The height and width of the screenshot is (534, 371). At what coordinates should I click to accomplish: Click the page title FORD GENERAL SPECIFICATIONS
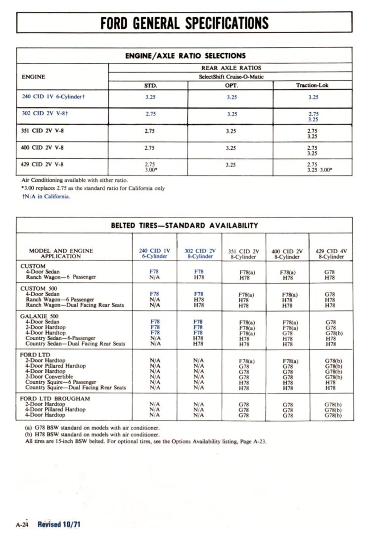pyautogui.click(x=185, y=23)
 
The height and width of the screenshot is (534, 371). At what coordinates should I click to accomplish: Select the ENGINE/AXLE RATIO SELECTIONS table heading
pyautogui.click(x=185, y=56)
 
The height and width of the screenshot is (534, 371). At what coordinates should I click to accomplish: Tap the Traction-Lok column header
pyautogui.click(x=312, y=85)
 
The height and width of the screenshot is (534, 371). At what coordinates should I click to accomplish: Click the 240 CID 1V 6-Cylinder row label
pyautogui.click(x=53, y=97)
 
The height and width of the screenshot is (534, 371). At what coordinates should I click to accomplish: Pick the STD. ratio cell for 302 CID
pyautogui.click(x=150, y=114)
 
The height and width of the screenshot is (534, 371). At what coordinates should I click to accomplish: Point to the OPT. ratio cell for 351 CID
pyautogui.click(x=231, y=131)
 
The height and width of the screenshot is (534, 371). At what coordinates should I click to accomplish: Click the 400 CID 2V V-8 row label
pyautogui.click(x=43, y=147)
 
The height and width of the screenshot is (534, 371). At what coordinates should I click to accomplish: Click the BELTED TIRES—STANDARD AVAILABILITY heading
pyautogui.click(x=185, y=225)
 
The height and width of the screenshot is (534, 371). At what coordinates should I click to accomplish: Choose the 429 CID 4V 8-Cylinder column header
pyautogui.click(x=331, y=254)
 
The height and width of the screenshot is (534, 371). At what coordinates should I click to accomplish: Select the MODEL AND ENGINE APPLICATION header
pyautogui.click(x=61, y=254)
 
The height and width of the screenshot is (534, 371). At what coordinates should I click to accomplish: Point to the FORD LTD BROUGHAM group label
pyautogui.click(x=55, y=399)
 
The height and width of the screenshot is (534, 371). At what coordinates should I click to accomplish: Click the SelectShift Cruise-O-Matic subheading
pyautogui.click(x=232, y=77)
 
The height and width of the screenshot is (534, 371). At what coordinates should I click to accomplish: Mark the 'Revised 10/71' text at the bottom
pyautogui.click(x=59, y=525)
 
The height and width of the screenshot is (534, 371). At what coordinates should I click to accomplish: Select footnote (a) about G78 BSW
pyautogui.click(x=92, y=428)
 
